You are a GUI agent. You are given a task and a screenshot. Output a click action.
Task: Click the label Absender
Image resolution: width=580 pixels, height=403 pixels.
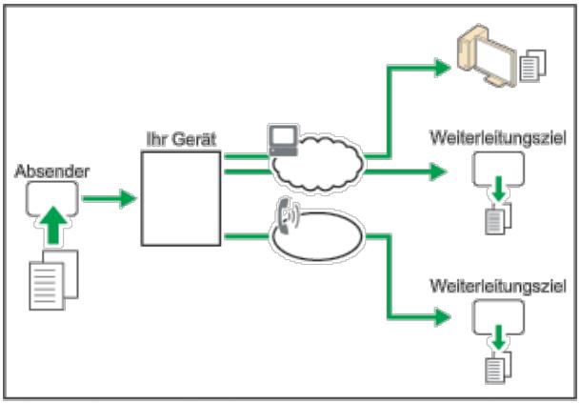coord(51,171)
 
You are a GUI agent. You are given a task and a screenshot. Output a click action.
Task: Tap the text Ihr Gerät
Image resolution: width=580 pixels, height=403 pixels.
coord(181,139)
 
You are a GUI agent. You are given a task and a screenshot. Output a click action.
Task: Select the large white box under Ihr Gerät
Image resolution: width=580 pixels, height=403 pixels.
coord(181,198)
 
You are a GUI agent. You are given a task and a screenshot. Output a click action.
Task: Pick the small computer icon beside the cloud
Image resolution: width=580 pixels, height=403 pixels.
coord(284,140)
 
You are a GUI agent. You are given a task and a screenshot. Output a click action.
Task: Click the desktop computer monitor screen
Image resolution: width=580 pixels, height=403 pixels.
coord(495,60)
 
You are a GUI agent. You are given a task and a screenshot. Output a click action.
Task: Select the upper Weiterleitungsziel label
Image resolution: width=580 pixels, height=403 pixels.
coord(498,138)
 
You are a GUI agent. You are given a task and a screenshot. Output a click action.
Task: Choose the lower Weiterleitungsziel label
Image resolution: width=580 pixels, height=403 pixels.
coord(498,286)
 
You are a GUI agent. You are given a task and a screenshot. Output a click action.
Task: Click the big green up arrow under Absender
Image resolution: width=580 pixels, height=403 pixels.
coord(53,225)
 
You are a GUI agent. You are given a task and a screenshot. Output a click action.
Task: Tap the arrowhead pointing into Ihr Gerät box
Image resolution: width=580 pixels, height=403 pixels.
coord(129,199)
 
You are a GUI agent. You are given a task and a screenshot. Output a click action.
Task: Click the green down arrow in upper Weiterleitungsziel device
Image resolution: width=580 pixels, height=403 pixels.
coord(499,189)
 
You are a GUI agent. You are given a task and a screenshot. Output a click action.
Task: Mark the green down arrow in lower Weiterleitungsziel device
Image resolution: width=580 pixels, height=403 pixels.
coord(499,336)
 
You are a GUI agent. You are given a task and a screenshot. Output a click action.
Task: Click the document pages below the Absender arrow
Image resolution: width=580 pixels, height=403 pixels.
coord(53,280)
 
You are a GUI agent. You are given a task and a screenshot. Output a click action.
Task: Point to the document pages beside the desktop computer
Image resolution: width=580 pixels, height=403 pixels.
coord(533,66)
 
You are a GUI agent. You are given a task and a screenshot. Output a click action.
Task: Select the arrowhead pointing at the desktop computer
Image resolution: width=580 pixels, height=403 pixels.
coord(443,68)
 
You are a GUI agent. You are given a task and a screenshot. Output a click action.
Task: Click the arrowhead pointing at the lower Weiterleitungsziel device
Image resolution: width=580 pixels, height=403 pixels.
coord(443,317)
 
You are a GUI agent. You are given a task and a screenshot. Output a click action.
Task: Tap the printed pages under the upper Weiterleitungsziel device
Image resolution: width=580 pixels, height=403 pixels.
coord(498,218)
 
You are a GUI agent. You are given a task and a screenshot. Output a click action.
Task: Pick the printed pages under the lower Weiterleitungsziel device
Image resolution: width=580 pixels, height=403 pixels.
coord(498,367)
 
